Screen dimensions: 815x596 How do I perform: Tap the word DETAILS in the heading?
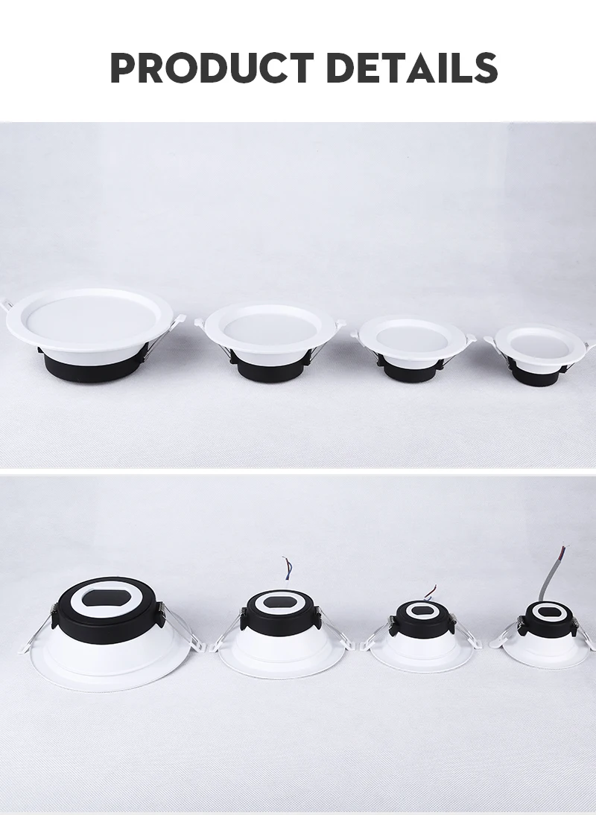click(412, 68)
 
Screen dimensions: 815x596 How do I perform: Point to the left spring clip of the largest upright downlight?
click(7, 306)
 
